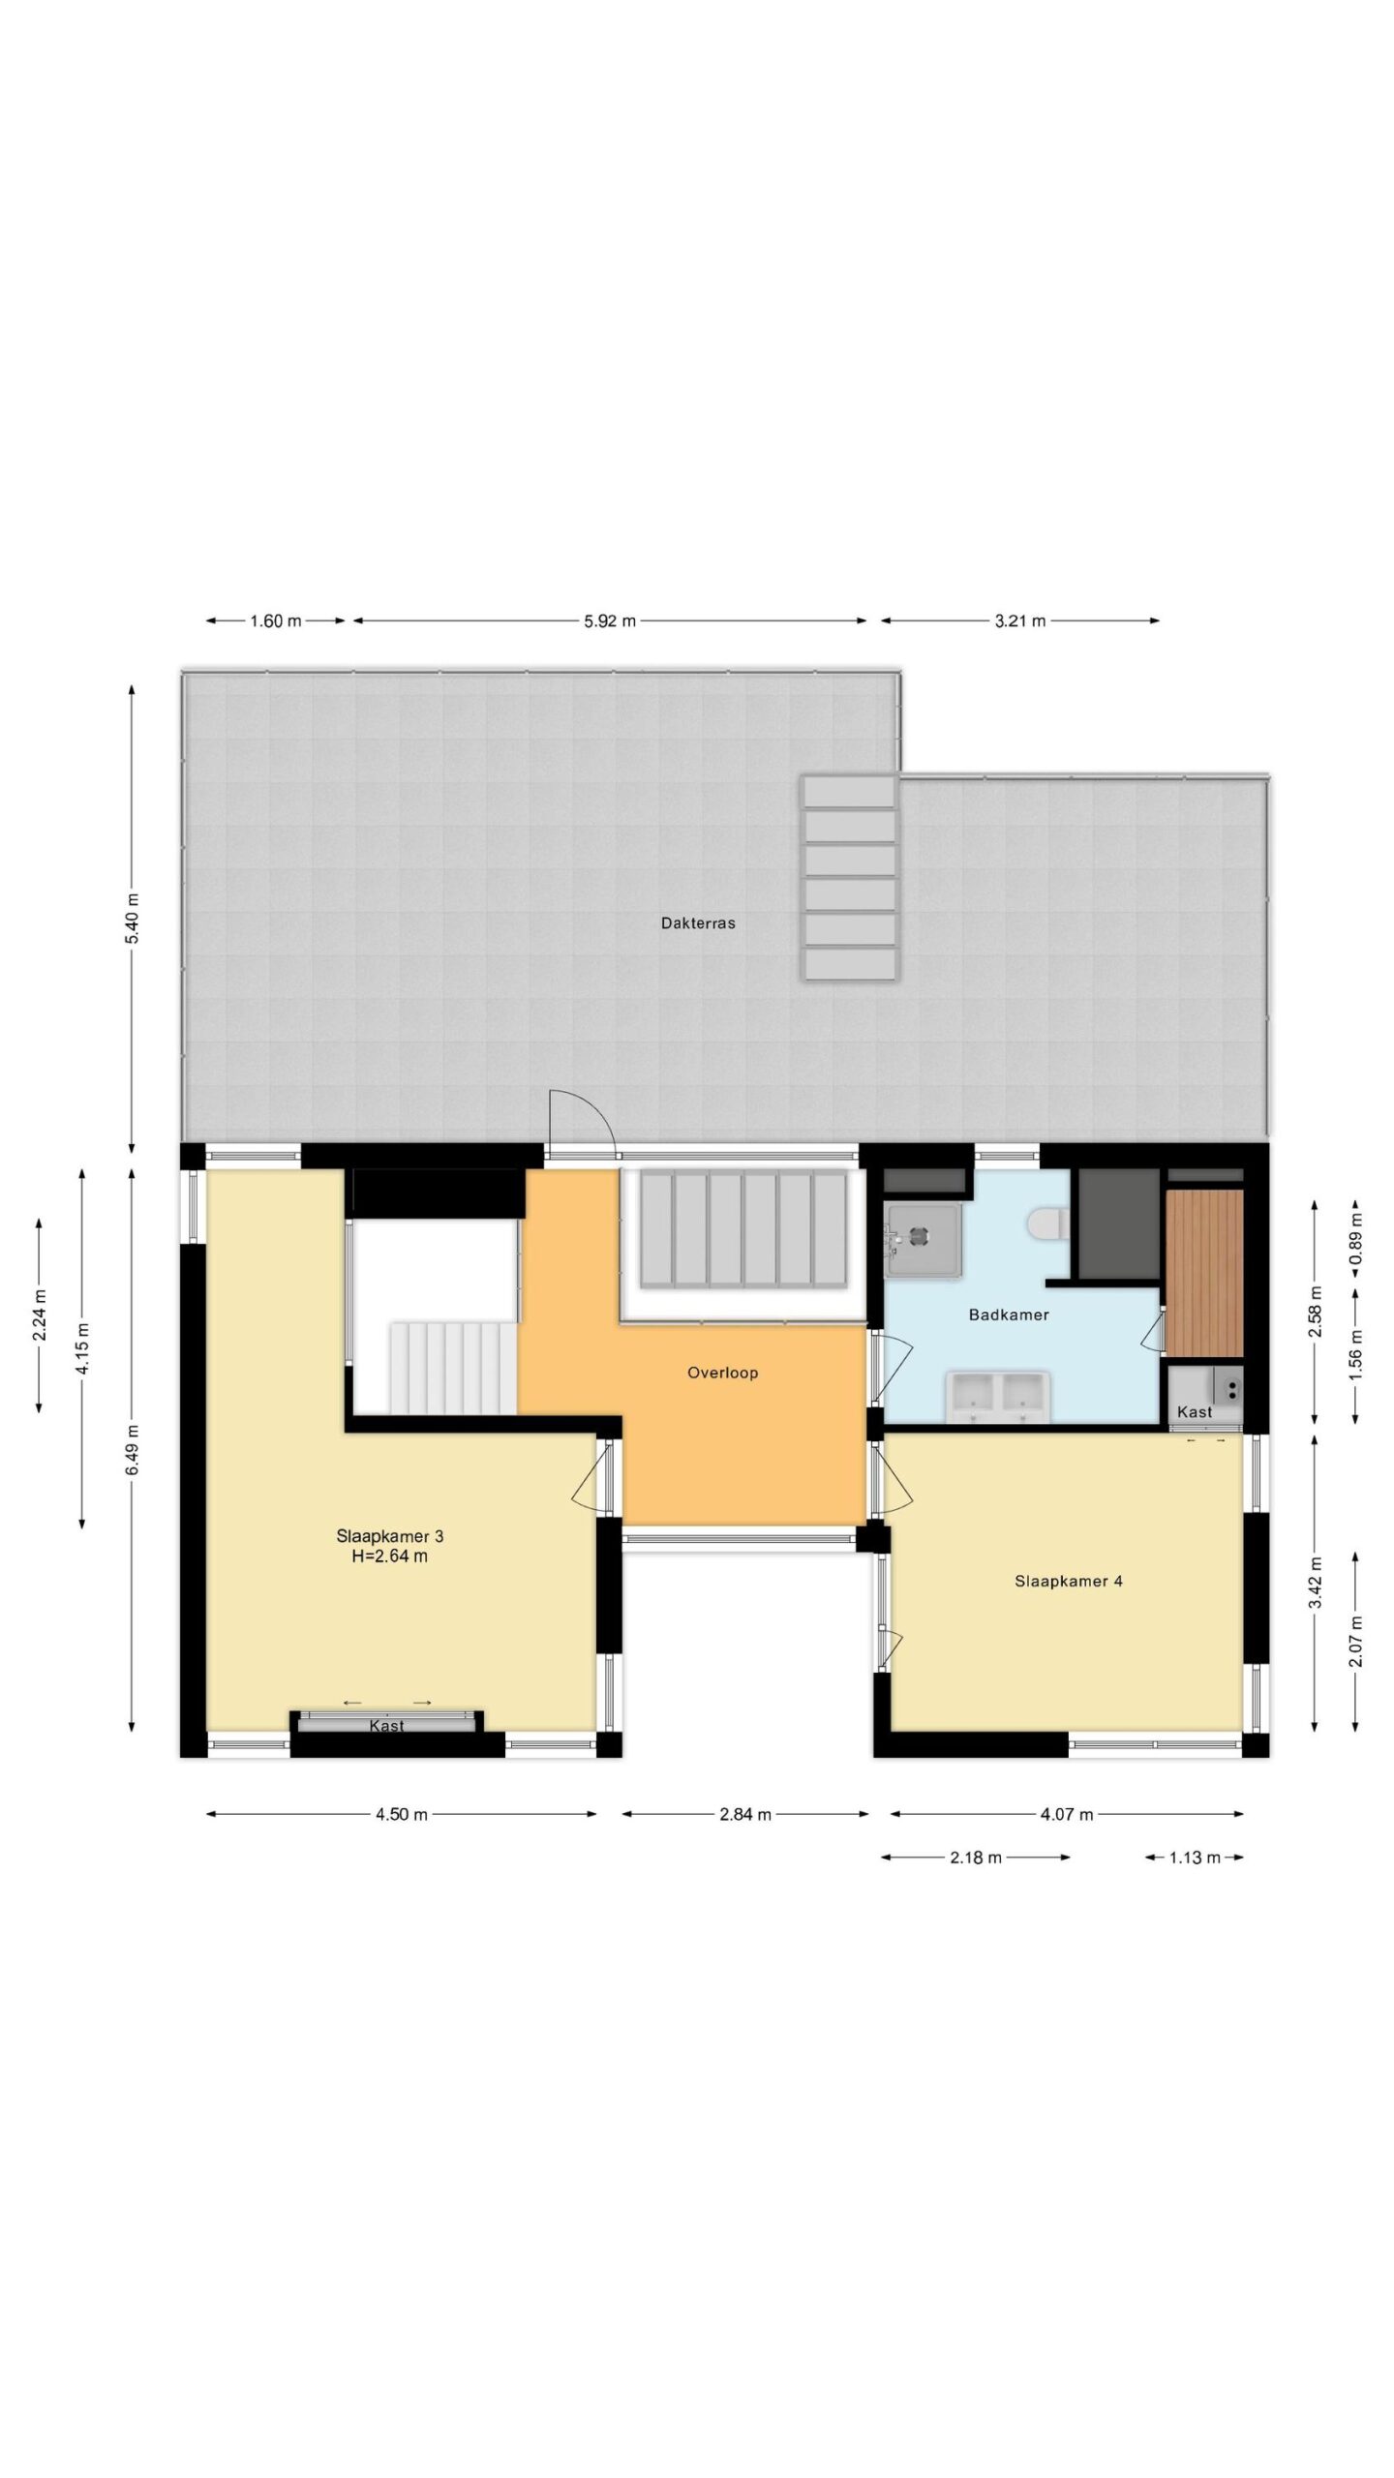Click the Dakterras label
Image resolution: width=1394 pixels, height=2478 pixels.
tap(698, 923)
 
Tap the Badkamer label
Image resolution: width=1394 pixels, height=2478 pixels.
tap(1009, 1315)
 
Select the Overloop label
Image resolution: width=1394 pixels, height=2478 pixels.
tap(722, 1373)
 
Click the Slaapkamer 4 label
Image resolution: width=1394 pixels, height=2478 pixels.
tap(1069, 1582)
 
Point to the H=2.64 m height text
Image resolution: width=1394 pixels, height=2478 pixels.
tap(390, 1556)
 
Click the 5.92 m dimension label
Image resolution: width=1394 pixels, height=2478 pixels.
tap(610, 621)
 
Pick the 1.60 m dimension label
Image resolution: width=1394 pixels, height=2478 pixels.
tap(276, 621)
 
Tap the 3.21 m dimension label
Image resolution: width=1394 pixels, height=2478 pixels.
tap(1020, 621)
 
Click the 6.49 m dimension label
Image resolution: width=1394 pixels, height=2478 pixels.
tap(132, 1449)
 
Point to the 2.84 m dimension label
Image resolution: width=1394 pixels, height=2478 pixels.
tap(745, 1815)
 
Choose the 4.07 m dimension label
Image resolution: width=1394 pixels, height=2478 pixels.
tap(1067, 1815)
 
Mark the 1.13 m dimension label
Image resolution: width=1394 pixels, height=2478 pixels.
tap(1195, 1858)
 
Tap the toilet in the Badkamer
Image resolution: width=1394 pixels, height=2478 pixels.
tap(1047, 1224)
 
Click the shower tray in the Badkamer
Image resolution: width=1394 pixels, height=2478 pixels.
tap(923, 1238)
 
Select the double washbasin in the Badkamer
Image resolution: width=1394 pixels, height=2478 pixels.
tap(998, 1396)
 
